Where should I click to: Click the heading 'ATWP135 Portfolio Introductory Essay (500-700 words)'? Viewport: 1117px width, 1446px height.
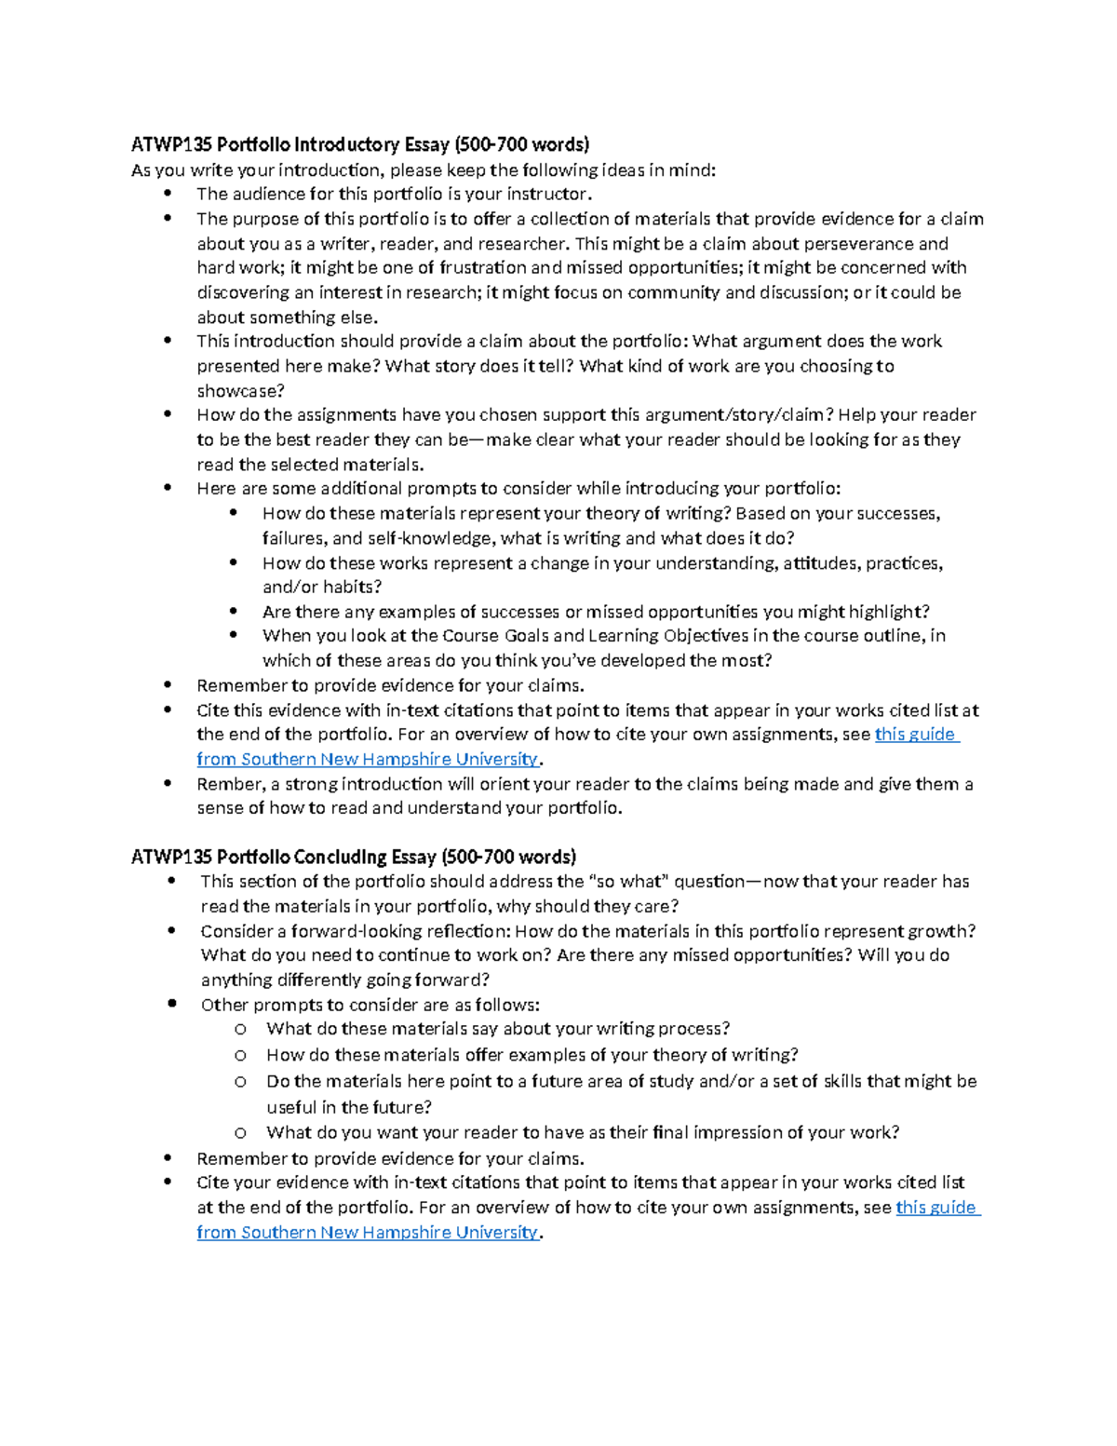(x=360, y=144)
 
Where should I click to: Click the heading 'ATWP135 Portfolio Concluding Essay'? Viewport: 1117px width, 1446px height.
(x=354, y=857)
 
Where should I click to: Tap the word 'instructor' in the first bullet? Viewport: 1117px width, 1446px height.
(x=546, y=195)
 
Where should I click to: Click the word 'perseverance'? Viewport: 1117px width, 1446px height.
(x=858, y=244)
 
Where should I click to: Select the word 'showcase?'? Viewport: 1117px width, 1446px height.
(x=240, y=391)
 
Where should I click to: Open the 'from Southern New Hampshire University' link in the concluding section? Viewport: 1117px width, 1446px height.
(x=368, y=1233)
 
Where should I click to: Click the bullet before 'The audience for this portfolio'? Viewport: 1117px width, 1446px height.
(x=168, y=194)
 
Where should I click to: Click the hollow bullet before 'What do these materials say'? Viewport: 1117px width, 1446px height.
(x=240, y=1030)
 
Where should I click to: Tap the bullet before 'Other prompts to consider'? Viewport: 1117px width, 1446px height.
(x=171, y=1004)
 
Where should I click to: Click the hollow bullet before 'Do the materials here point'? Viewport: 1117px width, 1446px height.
(x=240, y=1082)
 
